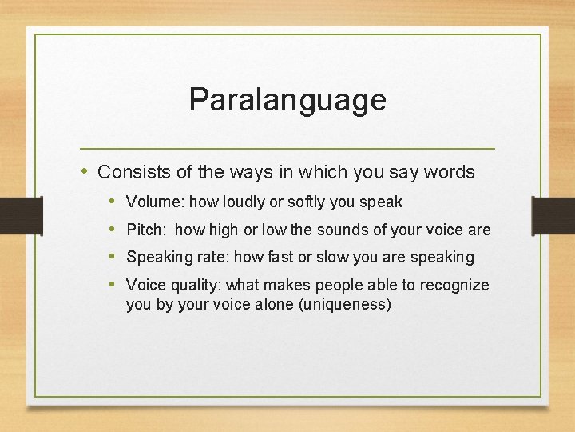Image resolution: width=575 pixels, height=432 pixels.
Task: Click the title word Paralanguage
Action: point(287,100)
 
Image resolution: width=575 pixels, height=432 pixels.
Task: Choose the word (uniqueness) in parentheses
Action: point(343,305)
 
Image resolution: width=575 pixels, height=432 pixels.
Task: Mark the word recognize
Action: point(454,285)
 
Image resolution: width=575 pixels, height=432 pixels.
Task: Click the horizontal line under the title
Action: point(287,149)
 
